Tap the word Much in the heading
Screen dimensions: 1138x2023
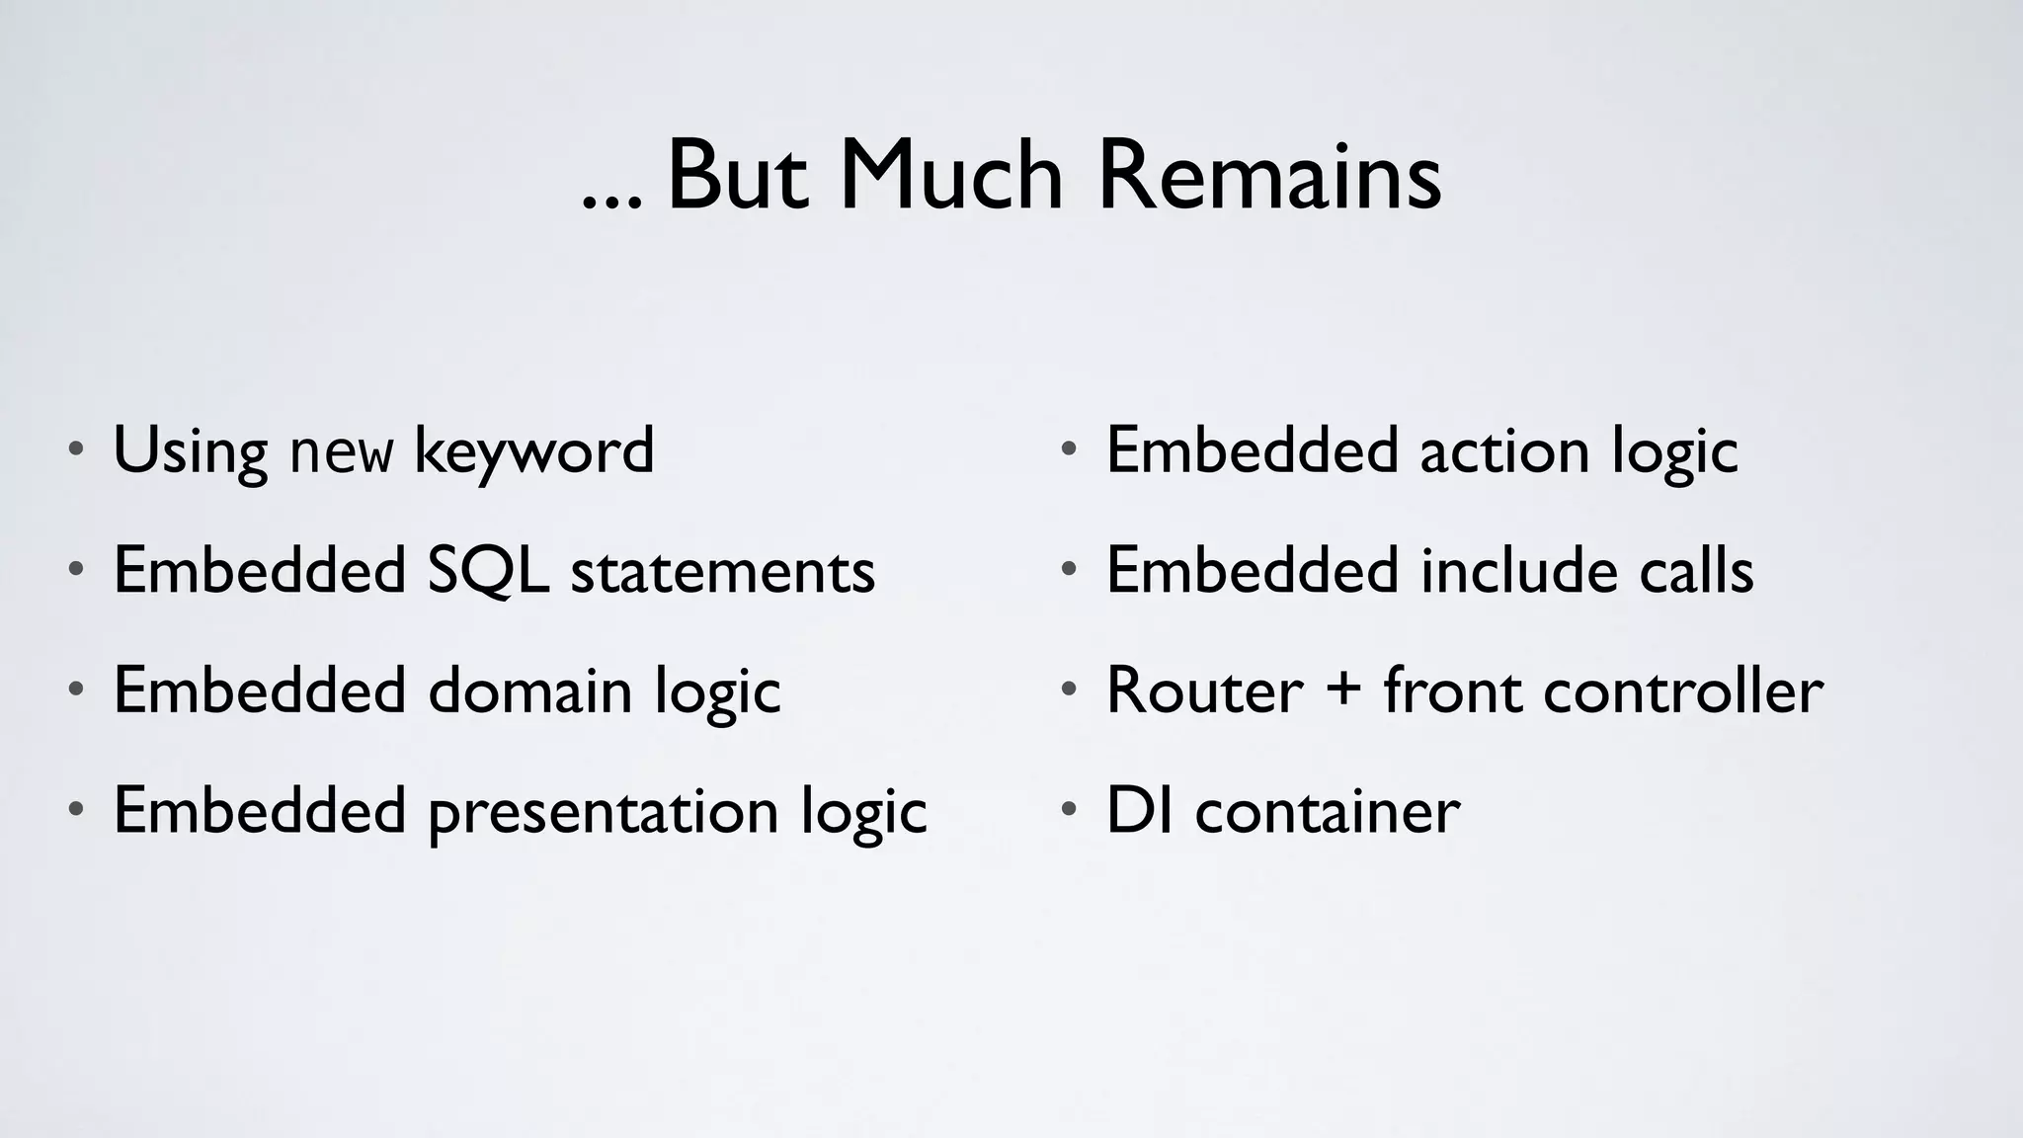[x=950, y=176]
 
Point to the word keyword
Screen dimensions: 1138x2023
[x=533, y=452]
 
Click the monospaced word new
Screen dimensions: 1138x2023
[x=341, y=454]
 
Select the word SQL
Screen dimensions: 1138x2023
[x=488, y=571]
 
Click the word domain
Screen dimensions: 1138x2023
[x=529, y=691]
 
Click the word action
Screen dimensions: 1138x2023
[x=1504, y=452]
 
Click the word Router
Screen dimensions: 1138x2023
[x=1204, y=691]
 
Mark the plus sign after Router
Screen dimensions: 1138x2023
[x=1343, y=689]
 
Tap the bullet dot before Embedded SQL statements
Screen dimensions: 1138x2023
[x=75, y=570]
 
